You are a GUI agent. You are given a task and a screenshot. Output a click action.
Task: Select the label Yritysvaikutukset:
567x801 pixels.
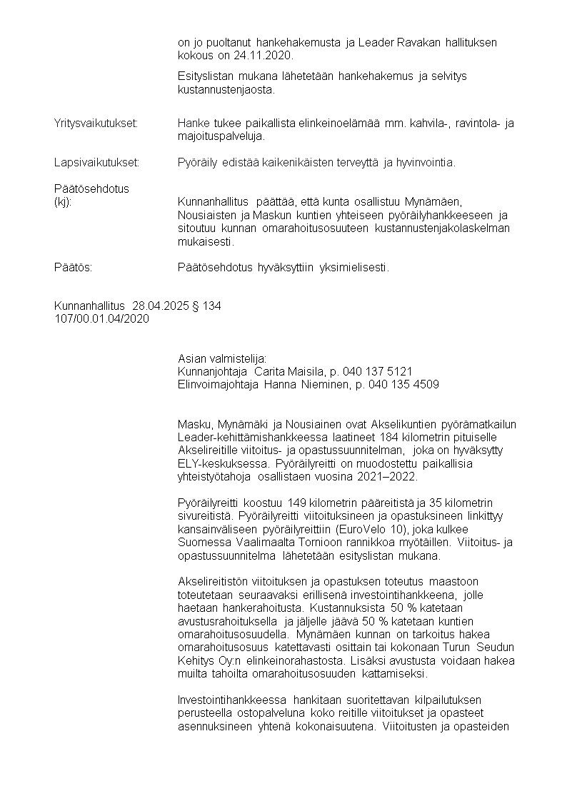(x=96, y=123)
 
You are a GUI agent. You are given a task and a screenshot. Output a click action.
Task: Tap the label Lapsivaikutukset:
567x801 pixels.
(x=96, y=162)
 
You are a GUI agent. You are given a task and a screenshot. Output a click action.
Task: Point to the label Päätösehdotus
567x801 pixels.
(x=91, y=188)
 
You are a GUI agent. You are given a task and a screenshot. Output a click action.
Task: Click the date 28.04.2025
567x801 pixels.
(x=161, y=306)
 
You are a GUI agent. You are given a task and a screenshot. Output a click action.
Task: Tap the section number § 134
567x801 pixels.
(x=206, y=306)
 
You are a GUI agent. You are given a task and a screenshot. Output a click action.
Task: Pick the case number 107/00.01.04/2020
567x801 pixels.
(x=101, y=319)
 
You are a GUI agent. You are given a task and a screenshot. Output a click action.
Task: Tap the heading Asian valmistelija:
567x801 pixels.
(x=221, y=358)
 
